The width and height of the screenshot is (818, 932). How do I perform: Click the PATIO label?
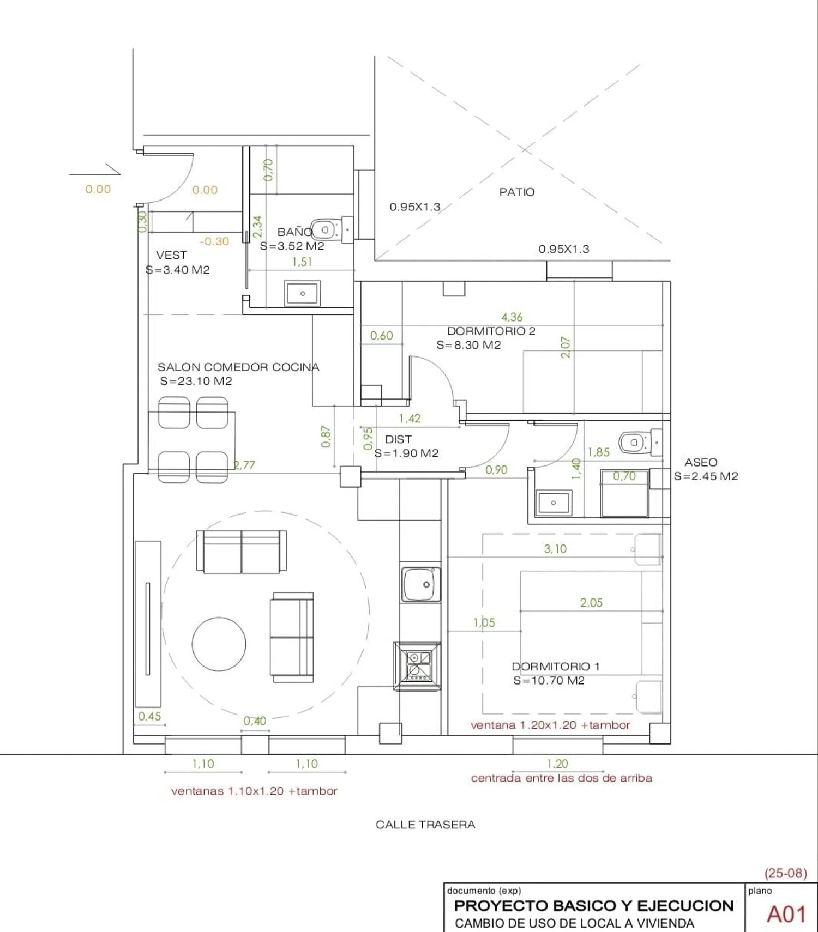pos(516,192)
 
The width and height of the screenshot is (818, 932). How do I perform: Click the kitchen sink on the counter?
pos(421,584)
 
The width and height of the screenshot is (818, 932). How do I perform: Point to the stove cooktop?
pos(418,666)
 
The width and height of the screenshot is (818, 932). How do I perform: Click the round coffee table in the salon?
pos(219,644)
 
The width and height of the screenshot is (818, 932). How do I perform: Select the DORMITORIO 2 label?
pos(491,331)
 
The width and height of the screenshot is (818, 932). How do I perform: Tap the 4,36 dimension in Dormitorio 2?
pos(512,317)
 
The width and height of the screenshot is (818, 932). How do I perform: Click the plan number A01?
pos(786,914)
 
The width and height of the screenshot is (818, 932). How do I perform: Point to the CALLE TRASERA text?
pos(425,825)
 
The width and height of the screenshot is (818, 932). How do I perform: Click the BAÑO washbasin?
pos(302,293)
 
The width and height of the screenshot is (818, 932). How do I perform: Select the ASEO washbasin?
pos(554,503)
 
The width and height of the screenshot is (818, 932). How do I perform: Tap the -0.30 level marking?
pos(214,241)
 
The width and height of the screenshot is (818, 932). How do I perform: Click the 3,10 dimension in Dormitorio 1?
pos(555,549)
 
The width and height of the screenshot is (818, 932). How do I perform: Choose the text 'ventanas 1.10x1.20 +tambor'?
pos(254,791)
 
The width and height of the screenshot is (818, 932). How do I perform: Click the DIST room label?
pos(398,439)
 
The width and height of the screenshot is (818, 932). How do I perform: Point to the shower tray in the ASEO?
pos(624,493)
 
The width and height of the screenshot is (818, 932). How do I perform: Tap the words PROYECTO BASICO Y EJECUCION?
pos(594,906)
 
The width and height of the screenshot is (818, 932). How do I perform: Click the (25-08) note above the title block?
pos(785,873)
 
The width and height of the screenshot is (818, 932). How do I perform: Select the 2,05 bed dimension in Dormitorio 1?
pos(591,602)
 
